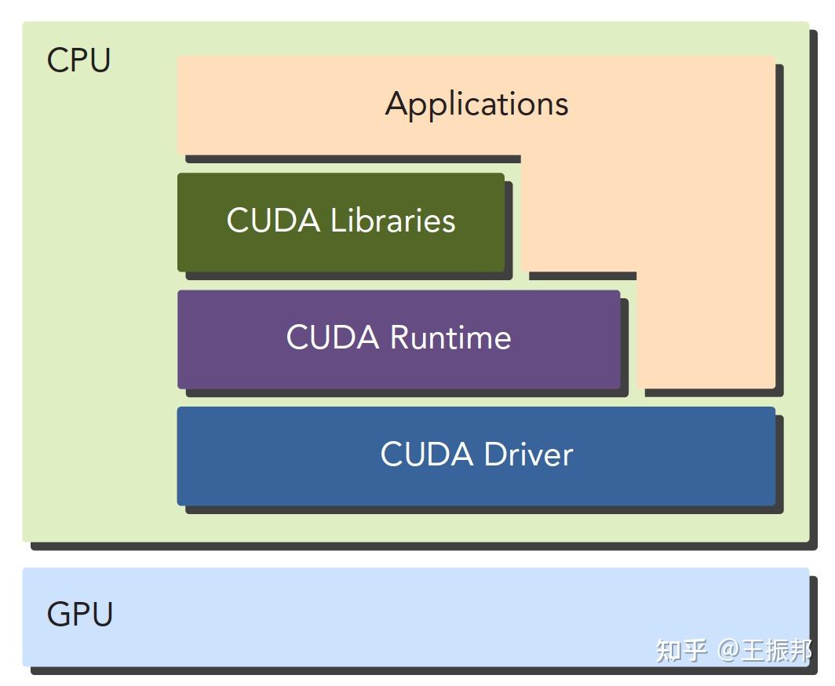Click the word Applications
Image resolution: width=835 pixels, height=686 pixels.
476,104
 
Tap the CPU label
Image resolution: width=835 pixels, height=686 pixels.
78,60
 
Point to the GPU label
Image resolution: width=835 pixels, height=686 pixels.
79,614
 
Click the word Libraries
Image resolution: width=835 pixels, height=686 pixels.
392,221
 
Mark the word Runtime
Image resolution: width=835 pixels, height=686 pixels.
450,338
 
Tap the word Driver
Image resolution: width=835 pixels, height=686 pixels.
528,454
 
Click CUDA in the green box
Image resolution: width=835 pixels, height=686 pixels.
274,221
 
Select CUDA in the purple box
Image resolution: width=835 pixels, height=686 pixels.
334,338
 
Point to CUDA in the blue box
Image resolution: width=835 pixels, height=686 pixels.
428,454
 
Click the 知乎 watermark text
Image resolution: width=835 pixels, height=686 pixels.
680,650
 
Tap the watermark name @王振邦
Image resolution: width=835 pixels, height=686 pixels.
764,650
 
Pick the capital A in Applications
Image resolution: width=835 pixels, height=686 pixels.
396,104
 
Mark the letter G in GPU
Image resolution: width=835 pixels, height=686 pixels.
59,614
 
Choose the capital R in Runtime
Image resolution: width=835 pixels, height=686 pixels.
401,338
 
